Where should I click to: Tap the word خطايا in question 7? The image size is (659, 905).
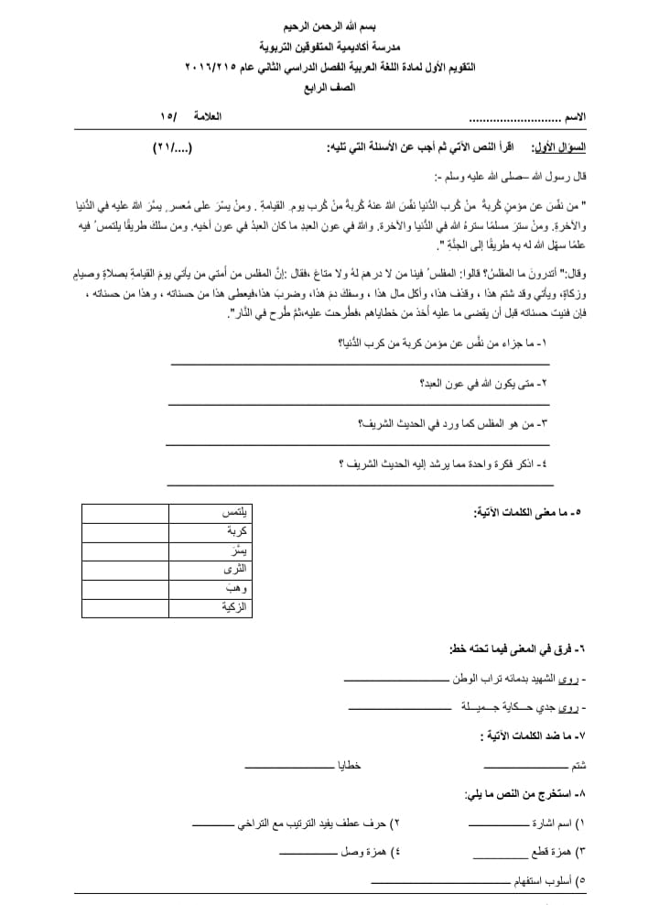(x=351, y=765)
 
